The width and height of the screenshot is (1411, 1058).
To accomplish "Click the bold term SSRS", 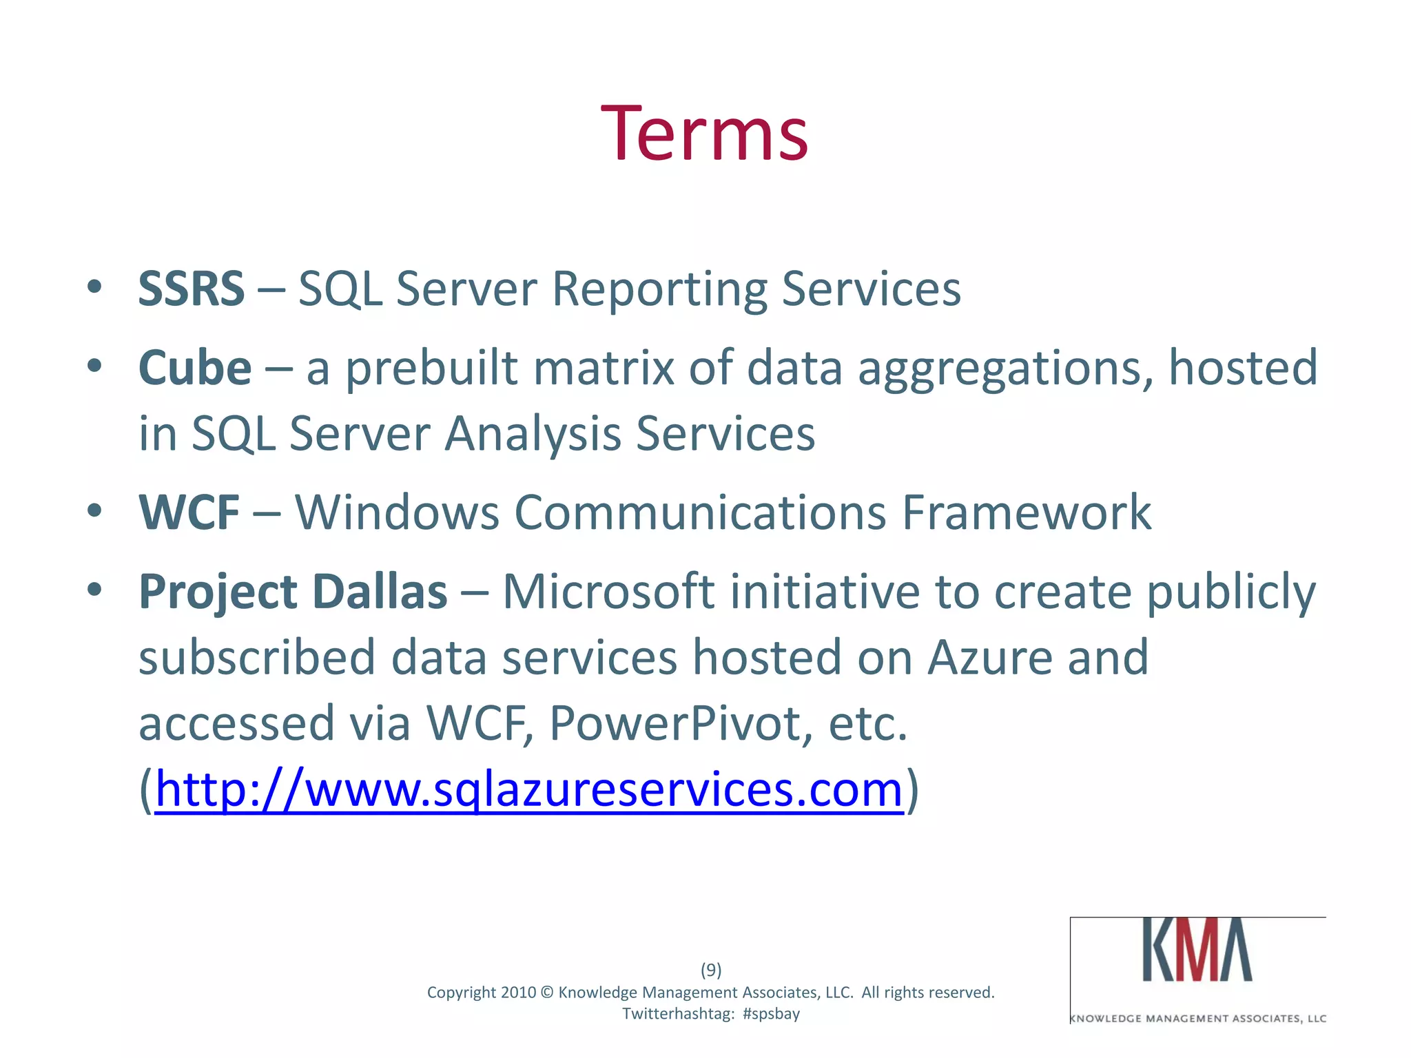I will click(x=191, y=289).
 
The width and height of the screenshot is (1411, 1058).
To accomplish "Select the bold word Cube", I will click(x=195, y=368).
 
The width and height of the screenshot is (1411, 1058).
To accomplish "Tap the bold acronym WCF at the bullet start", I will click(x=189, y=513).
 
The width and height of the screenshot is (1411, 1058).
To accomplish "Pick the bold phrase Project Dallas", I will click(x=293, y=592).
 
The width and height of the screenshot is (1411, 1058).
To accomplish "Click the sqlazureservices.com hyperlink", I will click(x=528, y=789).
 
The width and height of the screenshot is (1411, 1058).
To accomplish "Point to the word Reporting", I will click(x=659, y=289).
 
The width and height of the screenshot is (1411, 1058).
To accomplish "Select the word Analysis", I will click(x=533, y=434).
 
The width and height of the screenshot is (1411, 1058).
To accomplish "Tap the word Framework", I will click(x=1027, y=513).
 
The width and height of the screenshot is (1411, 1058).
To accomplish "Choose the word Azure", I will click(x=989, y=658).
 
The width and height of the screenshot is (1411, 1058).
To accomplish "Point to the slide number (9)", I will click(x=711, y=970).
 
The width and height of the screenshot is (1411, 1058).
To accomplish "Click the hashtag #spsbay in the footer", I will click(x=771, y=1014).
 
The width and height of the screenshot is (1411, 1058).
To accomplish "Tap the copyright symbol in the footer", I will click(x=547, y=993).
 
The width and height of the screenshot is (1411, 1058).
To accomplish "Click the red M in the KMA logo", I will click(x=1197, y=951).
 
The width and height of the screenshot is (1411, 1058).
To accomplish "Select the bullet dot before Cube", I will click(x=95, y=365).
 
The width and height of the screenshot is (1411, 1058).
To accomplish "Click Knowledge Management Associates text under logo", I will click(x=1198, y=1019).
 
